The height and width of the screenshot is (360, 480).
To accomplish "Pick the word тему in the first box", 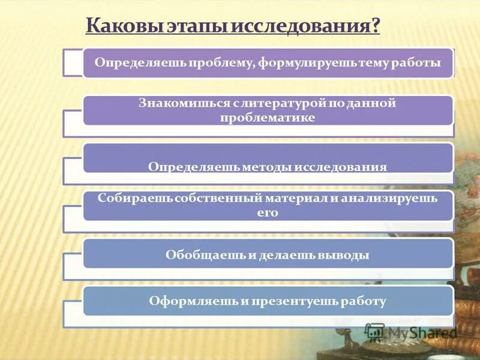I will click(x=362, y=63).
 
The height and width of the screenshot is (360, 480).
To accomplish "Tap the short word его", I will click(x=268, y=212).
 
